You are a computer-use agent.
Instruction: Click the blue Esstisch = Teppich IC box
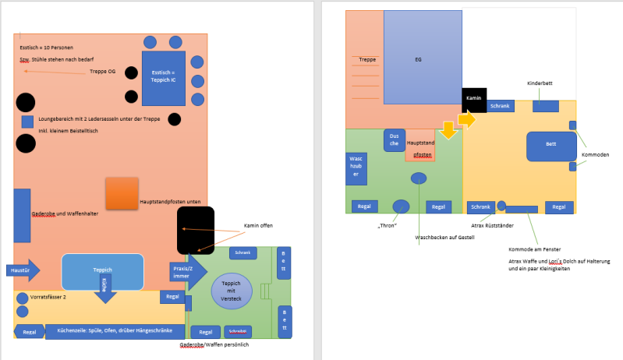tap(164, 78)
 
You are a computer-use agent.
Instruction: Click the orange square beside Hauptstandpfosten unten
tap(122, 192)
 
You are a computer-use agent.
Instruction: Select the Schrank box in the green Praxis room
tap(242, 253)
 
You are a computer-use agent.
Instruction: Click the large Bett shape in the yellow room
tap(550, 146)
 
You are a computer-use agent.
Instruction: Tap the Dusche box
tap(394, 140)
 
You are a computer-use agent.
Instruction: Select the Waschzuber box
tap(356, 169)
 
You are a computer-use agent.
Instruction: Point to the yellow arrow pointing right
tap(466, 119)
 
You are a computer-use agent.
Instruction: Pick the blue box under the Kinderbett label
tap(546, 105)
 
